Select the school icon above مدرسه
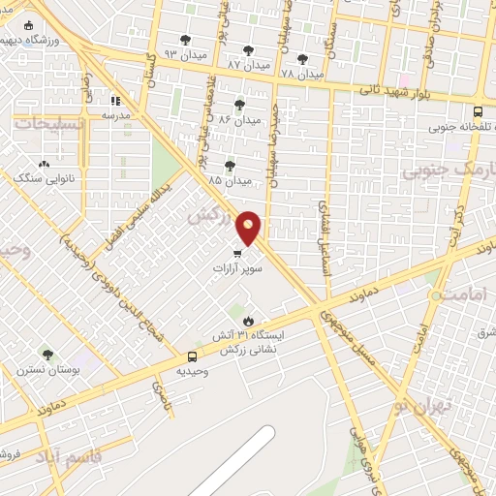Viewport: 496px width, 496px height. click(115, 100)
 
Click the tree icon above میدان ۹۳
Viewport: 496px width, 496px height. click(185, 40)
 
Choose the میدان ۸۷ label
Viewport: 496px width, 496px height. click(248, 65)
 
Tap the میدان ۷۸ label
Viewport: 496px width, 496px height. click(300, 74)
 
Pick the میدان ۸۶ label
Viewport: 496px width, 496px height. click(238, 119)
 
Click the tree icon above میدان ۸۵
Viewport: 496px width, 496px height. click(230, 166)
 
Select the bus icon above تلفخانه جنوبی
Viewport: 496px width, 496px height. click(479, 111)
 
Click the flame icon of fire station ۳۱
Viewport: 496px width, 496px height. click(249, 321)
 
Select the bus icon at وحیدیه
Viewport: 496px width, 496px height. click(191, 356)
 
